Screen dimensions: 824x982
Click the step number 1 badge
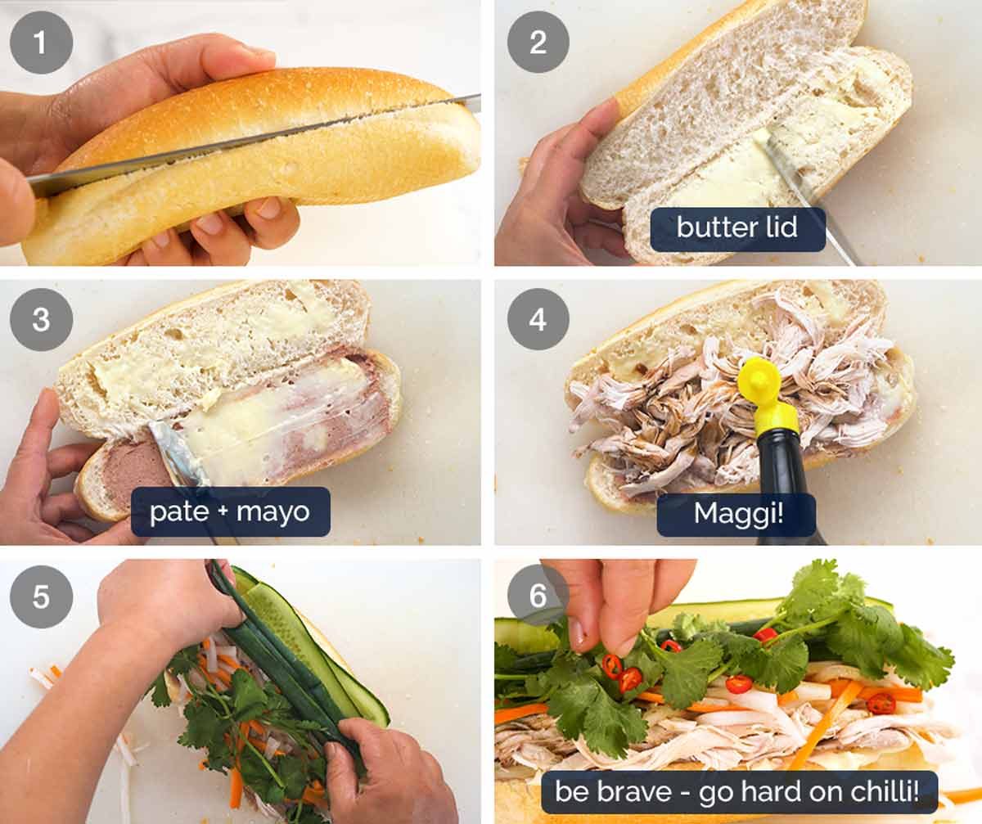pyautogui.click(x=41, y=42)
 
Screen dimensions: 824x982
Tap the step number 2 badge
pyautogui.click(x=538, y=42)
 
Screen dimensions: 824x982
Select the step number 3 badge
pyautogui.click(x=41, y=319)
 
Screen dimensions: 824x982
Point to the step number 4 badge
pyautogui.click(x=538, y=319)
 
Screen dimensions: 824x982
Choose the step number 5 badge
pyautogui.click(x=41, y=597)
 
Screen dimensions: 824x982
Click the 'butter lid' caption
pyautogui.click(x=736, y=228)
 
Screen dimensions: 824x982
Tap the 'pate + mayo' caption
pyautogui.click(x=230, y=512)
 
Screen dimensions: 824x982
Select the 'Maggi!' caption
pyautogui.click(x=736, y=513)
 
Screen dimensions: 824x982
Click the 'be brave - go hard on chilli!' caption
pyautogui.click(x=739, y=791)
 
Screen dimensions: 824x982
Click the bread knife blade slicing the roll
pyautogui.click(x=245, y=142)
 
